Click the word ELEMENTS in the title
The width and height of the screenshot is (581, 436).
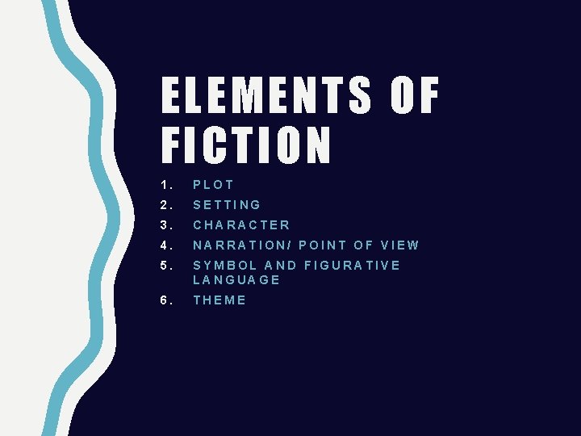[x=267, y=97]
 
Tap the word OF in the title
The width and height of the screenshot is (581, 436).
[x=415, y=97]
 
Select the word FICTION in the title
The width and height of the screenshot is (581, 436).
[x=247, y=145]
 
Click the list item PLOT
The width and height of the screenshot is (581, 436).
[x=214, y=185]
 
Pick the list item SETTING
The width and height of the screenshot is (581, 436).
[x=227, y=205]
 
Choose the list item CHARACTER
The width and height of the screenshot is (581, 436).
[x=241, y=225]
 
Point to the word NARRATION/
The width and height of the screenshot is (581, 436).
[x=242, y=245]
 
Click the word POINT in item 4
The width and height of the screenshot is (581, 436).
[x=321, y=245]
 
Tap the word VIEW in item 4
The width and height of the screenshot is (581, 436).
[x=399, y=245]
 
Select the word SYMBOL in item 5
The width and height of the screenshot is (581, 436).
[x=225, y=266]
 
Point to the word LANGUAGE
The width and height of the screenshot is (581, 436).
[x=236, y=280]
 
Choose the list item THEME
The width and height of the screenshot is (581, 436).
[x=219, y=300]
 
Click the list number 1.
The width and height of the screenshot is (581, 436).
[x=163, y=185]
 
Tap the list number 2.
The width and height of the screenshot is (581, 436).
[x=163, y=205]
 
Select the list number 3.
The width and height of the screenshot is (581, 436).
[x=163, y=225]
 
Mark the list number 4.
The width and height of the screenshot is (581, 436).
[x=163, y=245]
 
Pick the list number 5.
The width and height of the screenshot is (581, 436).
[x=163, y=266]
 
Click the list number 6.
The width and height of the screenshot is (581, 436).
[x=163, y=300]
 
